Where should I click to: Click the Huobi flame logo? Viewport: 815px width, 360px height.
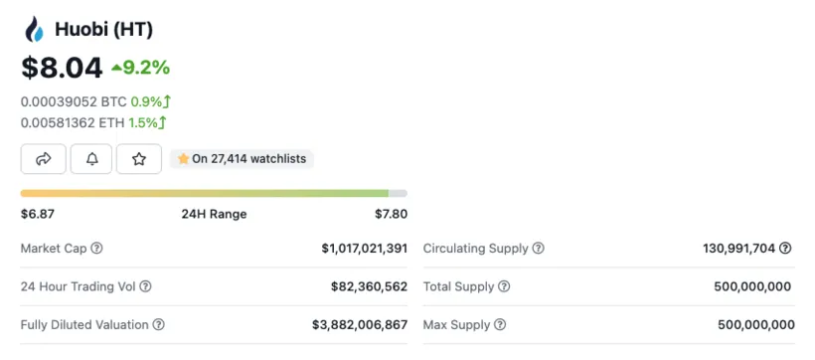click(34, 30)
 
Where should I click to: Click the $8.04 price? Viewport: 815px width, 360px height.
click(62, 68)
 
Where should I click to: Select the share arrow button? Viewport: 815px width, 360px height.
click(44, 159)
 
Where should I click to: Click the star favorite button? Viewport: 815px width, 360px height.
click(139, 159)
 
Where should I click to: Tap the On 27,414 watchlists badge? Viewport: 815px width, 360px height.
click(243, 159)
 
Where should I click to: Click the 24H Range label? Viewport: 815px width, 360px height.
click(214, 214)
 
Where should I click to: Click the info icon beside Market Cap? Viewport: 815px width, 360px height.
click(96, 249)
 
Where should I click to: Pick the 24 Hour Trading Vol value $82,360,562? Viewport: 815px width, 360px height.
click(369, 286)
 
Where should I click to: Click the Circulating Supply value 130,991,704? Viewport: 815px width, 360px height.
click(738, 249)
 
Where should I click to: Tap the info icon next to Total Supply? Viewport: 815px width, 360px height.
click(504, 286)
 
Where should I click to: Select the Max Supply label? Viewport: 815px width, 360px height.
click(457, 325)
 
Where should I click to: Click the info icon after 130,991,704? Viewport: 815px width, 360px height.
click(785, 249)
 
